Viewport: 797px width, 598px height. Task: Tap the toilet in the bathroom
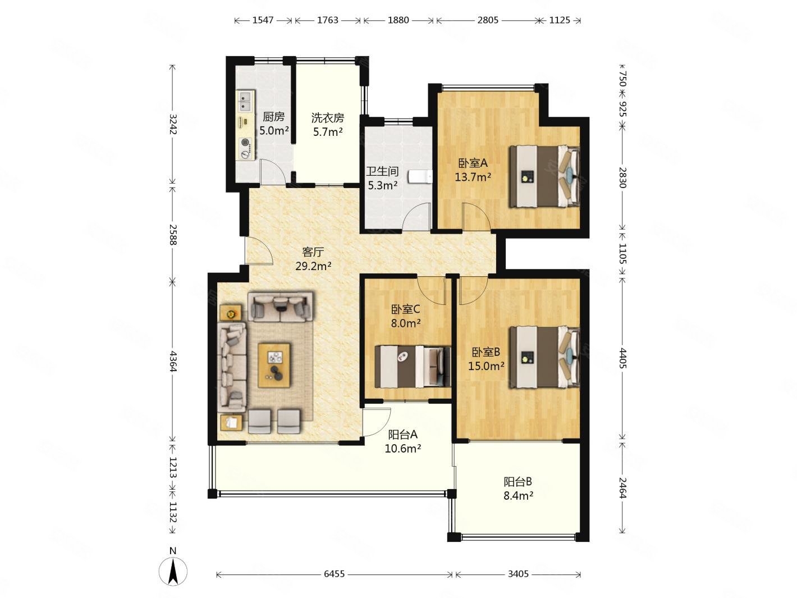point(420,177)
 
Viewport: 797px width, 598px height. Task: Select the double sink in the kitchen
point(246,101)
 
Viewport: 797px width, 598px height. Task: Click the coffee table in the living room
point(274,366)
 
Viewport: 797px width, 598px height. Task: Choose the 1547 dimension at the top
point(263,20)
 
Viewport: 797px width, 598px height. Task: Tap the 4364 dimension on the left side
point(173,361)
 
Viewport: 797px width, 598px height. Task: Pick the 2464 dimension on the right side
point(622,487)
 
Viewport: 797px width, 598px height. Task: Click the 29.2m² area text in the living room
point(313,266)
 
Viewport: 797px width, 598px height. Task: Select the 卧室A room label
point(473,163)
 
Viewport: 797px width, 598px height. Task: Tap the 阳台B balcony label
point(518,481)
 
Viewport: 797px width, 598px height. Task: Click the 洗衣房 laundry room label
point(328,118)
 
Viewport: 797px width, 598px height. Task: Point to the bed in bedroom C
point(412,367)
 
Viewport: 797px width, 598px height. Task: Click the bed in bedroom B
point(544,357)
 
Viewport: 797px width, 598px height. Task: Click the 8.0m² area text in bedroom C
point(406,323)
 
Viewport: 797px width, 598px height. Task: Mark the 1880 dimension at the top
point(398,20)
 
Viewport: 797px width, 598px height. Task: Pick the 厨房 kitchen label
point(273,117)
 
